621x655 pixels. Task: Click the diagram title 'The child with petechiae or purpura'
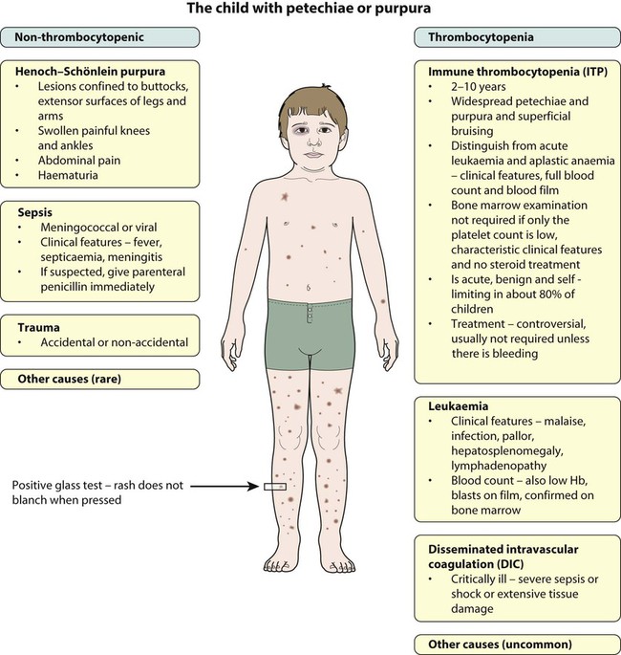click(x=310, y=11)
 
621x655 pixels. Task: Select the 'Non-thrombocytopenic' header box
click(x=102, y=38)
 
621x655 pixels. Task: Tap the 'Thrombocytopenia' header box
click(x=517, y=38)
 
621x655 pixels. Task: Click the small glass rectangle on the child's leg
click(x=274, y=488)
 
